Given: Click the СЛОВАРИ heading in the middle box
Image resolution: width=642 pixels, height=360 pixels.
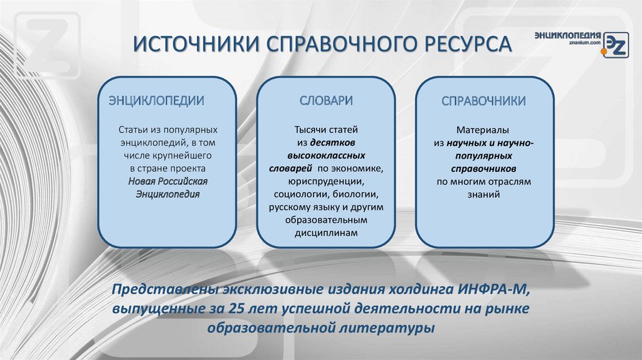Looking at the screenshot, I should pos(326,101).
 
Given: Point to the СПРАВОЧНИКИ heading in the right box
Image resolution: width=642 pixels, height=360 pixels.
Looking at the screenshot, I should pos(483,101).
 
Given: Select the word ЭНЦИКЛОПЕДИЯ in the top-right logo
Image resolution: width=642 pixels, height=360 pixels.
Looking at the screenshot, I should pos(568,34).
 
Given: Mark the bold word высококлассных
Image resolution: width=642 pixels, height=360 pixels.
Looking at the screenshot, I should pos(326,155).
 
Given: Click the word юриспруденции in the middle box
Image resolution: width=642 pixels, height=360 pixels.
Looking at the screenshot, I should pos(326,181).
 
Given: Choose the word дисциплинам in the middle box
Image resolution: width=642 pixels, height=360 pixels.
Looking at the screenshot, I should pos(326,233).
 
